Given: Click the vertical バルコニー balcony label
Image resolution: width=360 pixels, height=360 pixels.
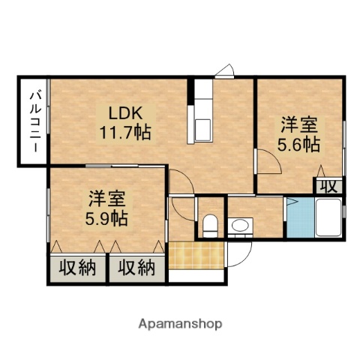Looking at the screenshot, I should [33, 123].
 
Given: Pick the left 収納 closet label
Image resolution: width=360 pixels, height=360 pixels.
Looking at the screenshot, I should [77, 268].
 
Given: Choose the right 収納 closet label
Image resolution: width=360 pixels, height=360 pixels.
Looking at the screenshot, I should [136, 268].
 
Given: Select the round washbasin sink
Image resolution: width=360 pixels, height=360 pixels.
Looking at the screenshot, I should [240, 224].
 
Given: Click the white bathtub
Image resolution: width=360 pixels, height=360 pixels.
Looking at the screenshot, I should [326, 218].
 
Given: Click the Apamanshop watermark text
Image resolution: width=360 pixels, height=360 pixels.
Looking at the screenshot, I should [180, 325].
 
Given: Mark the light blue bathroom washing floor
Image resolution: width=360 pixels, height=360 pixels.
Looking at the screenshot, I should [298, 218].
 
